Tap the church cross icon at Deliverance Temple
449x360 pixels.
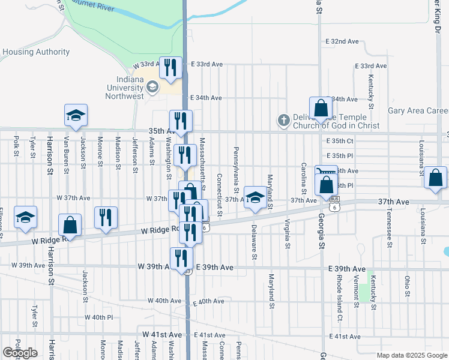[283, 121]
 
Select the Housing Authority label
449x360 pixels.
[36, 52]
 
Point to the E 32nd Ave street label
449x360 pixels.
[342, 42]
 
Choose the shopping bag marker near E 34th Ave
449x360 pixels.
[321, 108]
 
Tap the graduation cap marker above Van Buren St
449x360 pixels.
[76, 115]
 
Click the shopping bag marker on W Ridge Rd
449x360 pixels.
[70, 226]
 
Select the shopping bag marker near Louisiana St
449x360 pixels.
[435, 179]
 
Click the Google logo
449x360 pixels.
[20, 353]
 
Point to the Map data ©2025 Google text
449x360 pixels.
[412, 355]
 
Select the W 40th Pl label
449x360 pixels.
[98, 317]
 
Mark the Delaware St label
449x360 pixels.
[255, 241]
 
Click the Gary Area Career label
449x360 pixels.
[418, 110]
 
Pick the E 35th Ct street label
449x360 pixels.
[340, 140]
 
